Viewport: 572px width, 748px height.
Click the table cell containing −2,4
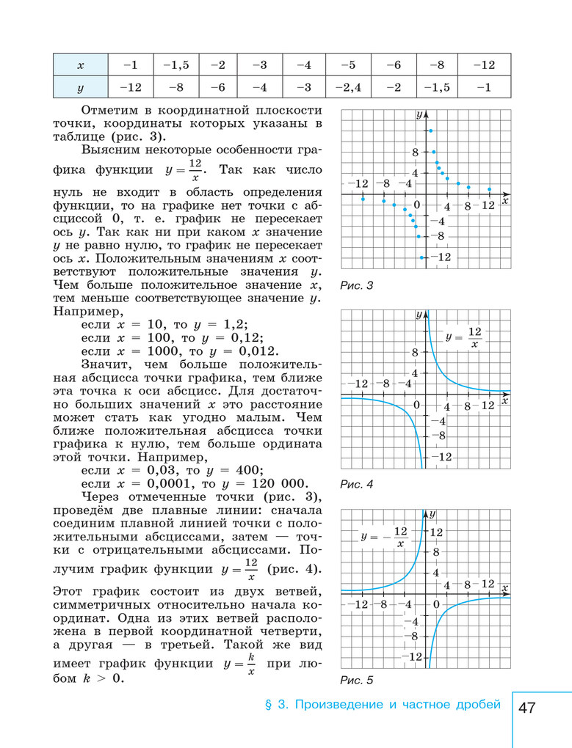click(348, 87)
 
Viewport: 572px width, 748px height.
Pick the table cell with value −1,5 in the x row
click(176, 65)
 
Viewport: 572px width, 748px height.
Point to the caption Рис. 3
click(357, 285)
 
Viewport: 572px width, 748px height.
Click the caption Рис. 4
click(357, 484)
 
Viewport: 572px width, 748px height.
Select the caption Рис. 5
click(357, 680)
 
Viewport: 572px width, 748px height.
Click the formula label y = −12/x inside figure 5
click(384, 538)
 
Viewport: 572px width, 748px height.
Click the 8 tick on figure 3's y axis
click(415, 153)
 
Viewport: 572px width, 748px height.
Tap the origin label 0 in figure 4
click(417, 405)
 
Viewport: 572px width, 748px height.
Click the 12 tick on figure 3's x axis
click(489, 206)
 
